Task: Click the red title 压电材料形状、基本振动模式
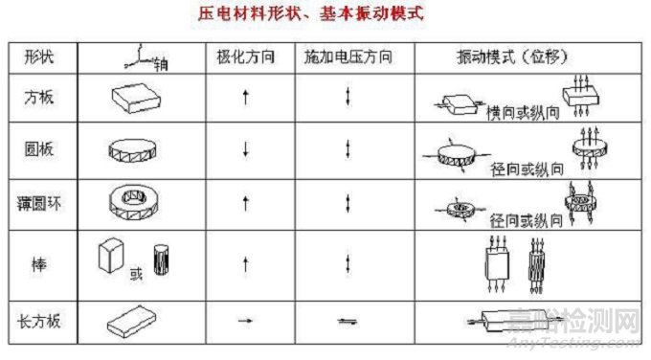(x=326, y=16)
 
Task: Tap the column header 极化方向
(x=247, y=56)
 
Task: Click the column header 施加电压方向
(x=346, y=56)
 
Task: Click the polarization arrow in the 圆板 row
(x=246, y=148)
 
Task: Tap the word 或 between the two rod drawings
(x=136, y=273)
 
